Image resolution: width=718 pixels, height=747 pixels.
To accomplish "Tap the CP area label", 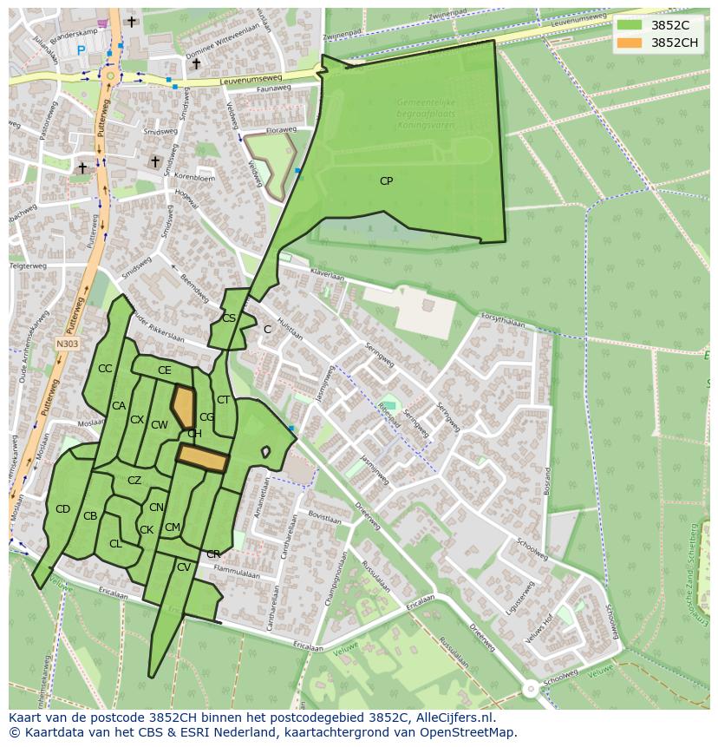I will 386,181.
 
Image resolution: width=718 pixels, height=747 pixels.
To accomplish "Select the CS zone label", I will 229,318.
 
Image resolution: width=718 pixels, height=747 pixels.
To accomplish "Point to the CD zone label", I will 62,509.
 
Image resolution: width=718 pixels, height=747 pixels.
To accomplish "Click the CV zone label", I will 183,567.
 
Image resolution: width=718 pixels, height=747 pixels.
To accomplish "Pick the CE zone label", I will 165,370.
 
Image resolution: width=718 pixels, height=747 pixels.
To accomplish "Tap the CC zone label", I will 105,369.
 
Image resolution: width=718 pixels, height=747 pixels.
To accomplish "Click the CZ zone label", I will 134,481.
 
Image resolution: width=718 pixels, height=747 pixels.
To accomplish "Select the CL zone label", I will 115,544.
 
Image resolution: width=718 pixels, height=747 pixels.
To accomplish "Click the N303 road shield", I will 67,344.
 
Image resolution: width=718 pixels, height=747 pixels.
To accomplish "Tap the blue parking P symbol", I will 82,51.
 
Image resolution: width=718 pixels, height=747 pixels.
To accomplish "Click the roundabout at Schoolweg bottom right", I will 530,689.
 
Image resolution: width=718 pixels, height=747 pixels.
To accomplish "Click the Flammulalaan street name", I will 237,573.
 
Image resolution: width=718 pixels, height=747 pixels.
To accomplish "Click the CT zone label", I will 223,400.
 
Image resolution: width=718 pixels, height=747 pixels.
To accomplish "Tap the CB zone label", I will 90,516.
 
